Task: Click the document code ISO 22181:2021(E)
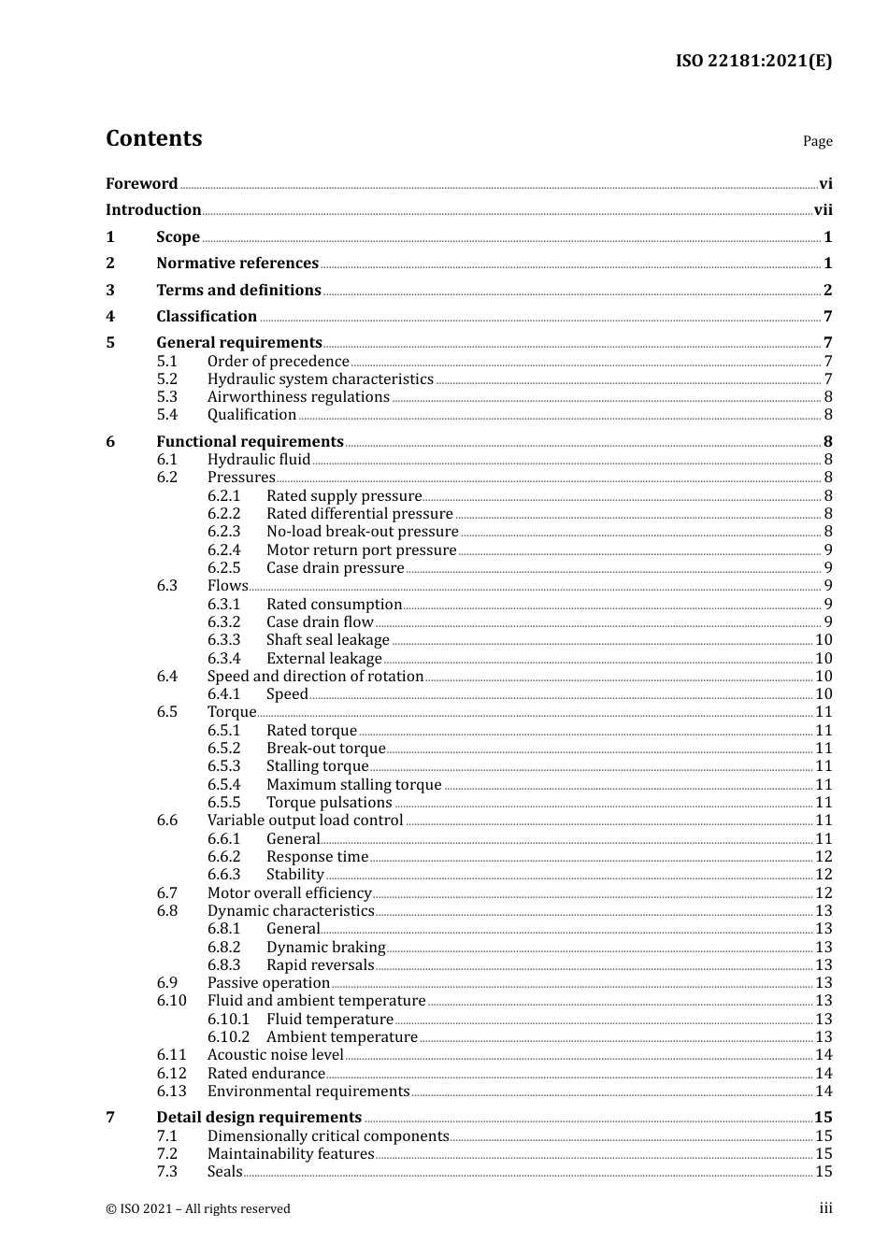click(753, 62)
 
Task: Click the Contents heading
click(153, 138)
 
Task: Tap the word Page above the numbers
click(817, 141)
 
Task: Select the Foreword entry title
click(141, 184)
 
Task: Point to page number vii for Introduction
click(823, 210)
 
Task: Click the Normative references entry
click(237, 264)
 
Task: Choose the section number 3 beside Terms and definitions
click(110, 291)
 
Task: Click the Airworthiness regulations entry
click(298, 397)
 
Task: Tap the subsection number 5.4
click(166, 415)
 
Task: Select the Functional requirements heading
click(250, 442)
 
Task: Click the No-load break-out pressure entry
click(362, 532)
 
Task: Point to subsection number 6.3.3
click(223, 640)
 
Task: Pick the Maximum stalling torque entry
click(353, 785)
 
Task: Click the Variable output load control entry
click(305, 821)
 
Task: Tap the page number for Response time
click(824, 857)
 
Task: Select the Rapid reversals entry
click(320, 965)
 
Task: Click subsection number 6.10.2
click(228, 1037)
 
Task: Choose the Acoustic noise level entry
click(275, 1055)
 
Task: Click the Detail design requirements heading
click(259, 1118)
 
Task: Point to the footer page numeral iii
click(825, 1208)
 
